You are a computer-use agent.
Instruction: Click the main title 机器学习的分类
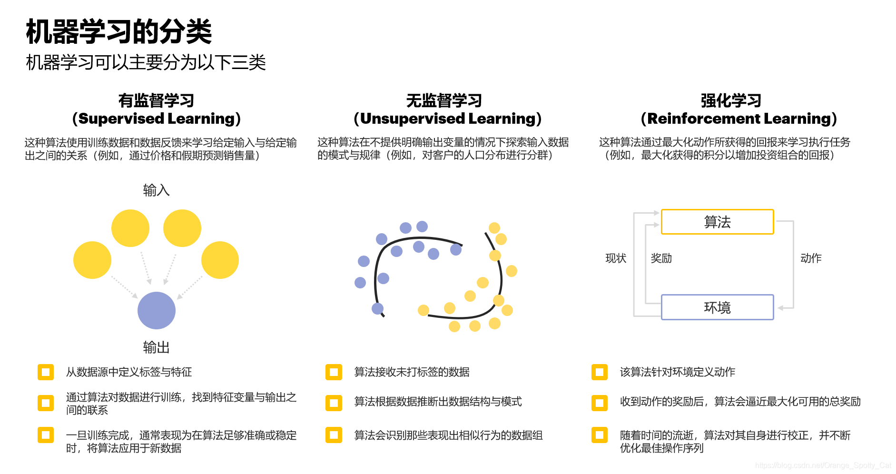[x=118, y=32]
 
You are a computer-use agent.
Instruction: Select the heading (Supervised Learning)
[x=156, y=118]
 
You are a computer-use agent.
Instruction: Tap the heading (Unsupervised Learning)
[x=447, y=118]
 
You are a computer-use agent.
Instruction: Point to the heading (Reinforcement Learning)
[x=738, y=118]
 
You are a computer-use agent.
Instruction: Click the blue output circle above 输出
[x=157, y=310]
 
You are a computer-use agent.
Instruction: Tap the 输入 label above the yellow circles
[x=156, y=190]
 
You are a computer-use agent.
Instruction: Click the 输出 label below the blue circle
[x=156, y=347]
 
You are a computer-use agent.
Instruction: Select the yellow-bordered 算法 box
[x=717, y=222]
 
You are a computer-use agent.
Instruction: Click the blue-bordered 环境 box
[x=717, y=307]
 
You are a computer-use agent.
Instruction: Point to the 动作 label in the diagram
[x=811, y=258]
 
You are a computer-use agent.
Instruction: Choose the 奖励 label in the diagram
[x=661, y=258]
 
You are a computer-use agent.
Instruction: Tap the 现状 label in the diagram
[x=616, y=258]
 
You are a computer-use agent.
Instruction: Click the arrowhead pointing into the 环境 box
[x=780, y=308]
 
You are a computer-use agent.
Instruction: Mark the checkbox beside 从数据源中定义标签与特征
[x=46, y=372]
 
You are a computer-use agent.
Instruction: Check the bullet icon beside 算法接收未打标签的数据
[x=334, y=372]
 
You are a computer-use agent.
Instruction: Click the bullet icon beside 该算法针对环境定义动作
[x=600, y=372]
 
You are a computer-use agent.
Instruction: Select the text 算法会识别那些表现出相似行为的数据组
[x=448, y=435]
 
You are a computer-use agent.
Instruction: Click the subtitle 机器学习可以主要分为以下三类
[x=146, y=62]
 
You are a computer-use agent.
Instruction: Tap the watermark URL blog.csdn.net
[x=823, y=465]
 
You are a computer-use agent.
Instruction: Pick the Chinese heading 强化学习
[x=731, y=100]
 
